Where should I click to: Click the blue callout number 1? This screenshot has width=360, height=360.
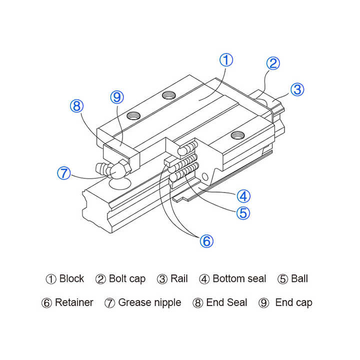click(226, 60)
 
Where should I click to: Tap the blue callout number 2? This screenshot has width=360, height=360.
click(272, 63)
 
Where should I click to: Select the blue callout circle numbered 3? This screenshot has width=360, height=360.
click(297, 89)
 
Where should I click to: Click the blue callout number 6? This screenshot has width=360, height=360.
click(206, 241)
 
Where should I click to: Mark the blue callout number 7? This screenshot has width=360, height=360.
click(63, 173)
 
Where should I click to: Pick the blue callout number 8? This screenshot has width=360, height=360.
click(76, 106)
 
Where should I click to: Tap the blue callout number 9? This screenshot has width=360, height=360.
click(116, 97)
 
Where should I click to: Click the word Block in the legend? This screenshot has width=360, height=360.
click(71, 279)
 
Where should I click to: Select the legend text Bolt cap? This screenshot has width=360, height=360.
click(127, 279)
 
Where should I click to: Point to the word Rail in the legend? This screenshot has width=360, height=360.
click(179, 279)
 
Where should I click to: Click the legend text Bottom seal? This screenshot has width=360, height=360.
click(239, 279)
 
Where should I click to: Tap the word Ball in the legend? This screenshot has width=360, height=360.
click(299, 279)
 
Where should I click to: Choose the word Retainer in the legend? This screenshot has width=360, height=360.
click(74, 302)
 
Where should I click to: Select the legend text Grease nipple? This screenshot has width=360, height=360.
click(149, 302)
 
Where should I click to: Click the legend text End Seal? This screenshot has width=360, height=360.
click(226, 302)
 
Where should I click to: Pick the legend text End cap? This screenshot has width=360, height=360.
click(293, 302)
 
